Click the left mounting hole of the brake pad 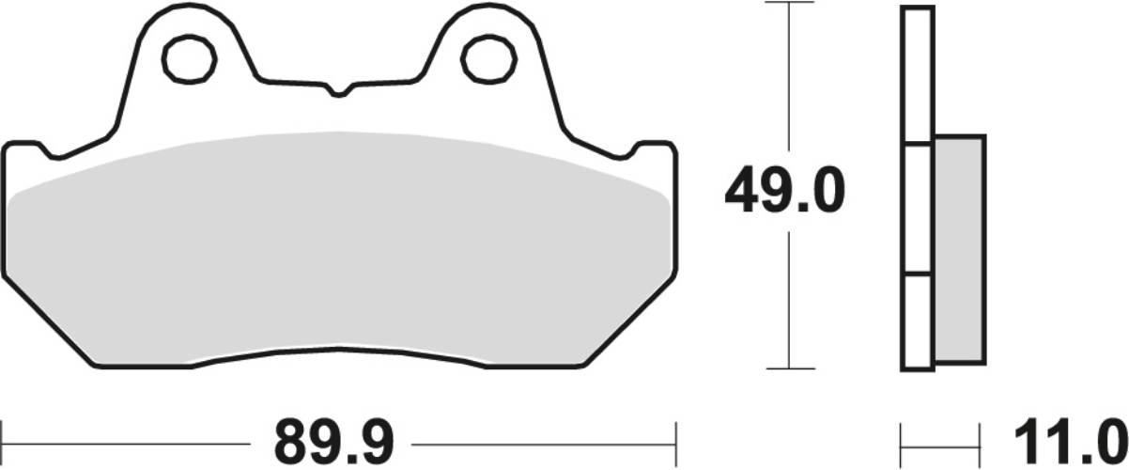(x=191, y=60)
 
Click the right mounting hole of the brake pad (x=487, y=60)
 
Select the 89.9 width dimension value (x=333, y=439)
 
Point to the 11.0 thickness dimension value (x=1069, y=439)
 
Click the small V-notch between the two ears (x=339, y=92)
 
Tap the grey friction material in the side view (x=959, y=249)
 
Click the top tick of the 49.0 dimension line (x=787, y=4)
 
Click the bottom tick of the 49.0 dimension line (x=787, y=368)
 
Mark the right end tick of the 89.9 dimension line (x=675, y=439)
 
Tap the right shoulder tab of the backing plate (x=655, y=150)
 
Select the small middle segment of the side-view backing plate (x=918, y=209)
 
